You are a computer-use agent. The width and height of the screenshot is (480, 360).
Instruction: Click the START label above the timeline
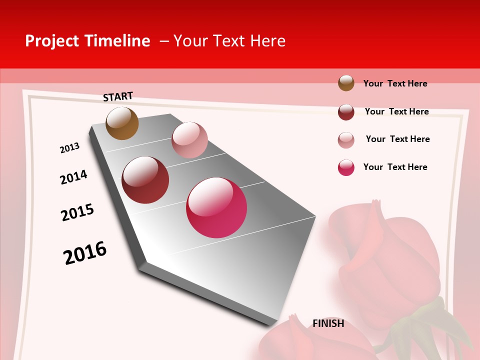(118, 96)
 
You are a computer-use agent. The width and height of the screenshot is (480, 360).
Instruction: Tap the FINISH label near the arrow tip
(328, 323)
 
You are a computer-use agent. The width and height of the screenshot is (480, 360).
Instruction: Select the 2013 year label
(69, 148)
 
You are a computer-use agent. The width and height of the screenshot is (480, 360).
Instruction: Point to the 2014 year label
(73, 177)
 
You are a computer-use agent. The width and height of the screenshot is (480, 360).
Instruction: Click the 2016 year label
(85, 253)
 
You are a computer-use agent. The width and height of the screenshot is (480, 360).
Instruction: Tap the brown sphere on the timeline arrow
(122, 123)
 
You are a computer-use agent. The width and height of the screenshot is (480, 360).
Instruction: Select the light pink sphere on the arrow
(189, 140)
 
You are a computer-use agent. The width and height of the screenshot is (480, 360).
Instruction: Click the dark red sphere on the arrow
(145, 180)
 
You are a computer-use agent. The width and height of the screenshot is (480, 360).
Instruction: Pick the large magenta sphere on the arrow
(216, 207)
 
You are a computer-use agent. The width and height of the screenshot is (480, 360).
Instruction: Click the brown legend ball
(346, 83)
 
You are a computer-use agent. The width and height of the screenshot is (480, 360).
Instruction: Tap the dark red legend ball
(346, 112)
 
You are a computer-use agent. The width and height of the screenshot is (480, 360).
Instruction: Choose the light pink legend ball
(346, 140)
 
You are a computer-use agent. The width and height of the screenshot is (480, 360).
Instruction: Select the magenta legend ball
(346, 167)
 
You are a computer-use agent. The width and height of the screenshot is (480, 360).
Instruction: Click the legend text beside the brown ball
(395, 83)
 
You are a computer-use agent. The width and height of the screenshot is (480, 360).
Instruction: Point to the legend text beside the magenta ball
(395, 167)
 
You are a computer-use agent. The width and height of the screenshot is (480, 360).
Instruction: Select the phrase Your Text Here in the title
(229, 41)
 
